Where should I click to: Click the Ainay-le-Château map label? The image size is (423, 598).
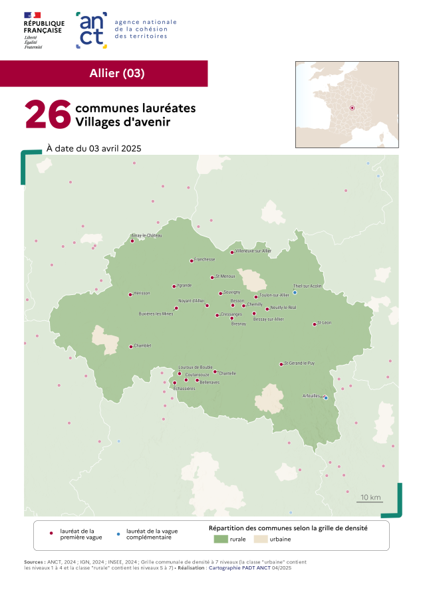click(x=147, y=235)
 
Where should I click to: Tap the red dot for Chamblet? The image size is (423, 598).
click(x=130, y=347)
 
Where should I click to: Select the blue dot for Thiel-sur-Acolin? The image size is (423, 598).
click(x=295, y=292)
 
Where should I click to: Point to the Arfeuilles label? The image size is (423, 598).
click(x=311, y=395)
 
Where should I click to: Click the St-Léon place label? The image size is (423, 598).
click(x=324, y=322)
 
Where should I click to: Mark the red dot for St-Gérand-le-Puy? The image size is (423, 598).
click(x=281, y=364)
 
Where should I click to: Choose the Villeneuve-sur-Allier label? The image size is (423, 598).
click(x=253, y=250)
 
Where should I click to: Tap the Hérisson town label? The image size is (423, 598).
click(x=142, y=293)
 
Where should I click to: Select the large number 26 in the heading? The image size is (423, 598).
click(x=48, y=115)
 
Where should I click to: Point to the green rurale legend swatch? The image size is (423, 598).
click(x=220, y=539)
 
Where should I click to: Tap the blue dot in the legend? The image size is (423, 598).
click(x=118, y=534)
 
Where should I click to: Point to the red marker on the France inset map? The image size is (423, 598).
click(x=352, y=108)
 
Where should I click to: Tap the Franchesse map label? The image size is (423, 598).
click(x=204, y=259)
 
